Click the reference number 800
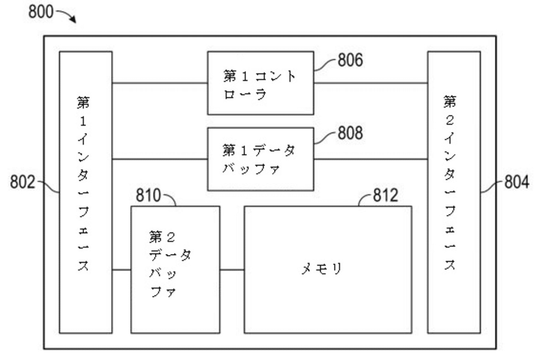coord(42,12)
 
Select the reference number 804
coord(517,183)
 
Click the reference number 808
coord(350,133)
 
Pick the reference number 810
coord(149,196)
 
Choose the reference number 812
coord(385,196)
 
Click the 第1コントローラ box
coord(260,83)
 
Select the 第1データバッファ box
coord(260,159)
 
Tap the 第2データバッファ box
coord(175,269)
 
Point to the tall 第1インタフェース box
coord(86,192)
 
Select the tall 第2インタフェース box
coord(454,192)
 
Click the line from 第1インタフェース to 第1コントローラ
coord(160,83)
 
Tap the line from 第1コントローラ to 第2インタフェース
coord(370,83)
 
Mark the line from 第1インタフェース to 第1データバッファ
coord(160,159)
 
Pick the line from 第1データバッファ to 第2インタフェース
coord(370,159)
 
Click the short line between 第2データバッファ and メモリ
coord(232,270)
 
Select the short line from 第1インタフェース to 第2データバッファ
coord(122,270)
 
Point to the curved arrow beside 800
coord(68,16)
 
